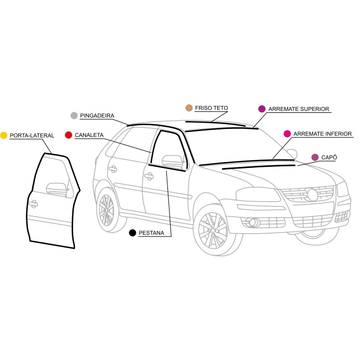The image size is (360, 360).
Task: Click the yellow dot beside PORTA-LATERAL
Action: tap(4, 135)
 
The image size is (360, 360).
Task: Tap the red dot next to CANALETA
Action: tap(68, 135)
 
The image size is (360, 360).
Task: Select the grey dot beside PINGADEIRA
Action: tap(74, 116)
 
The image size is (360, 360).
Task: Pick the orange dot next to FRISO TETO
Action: tap(189, 108)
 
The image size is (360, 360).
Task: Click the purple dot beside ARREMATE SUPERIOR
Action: tap(262, 109)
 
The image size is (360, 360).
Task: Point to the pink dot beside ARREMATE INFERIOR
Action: tap(287, 133)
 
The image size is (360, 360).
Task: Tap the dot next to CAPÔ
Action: tap(315, 157)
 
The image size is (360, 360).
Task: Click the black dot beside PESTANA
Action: tap(132, 233)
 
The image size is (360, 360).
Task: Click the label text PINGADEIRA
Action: tap(97, 116)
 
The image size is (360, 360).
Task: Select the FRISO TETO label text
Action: tap(211, 108)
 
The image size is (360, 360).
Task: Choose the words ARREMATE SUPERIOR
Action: tap(298, 109)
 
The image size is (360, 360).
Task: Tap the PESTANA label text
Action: tap(151, 233)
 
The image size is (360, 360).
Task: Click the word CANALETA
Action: tap(89, 135)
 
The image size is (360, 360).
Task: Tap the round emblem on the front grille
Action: tap(311, 194)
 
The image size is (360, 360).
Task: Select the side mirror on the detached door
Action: tap(56, 188)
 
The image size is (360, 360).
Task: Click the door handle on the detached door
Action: tap(33, 203)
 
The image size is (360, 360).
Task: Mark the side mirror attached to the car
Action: tap(171, 159)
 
